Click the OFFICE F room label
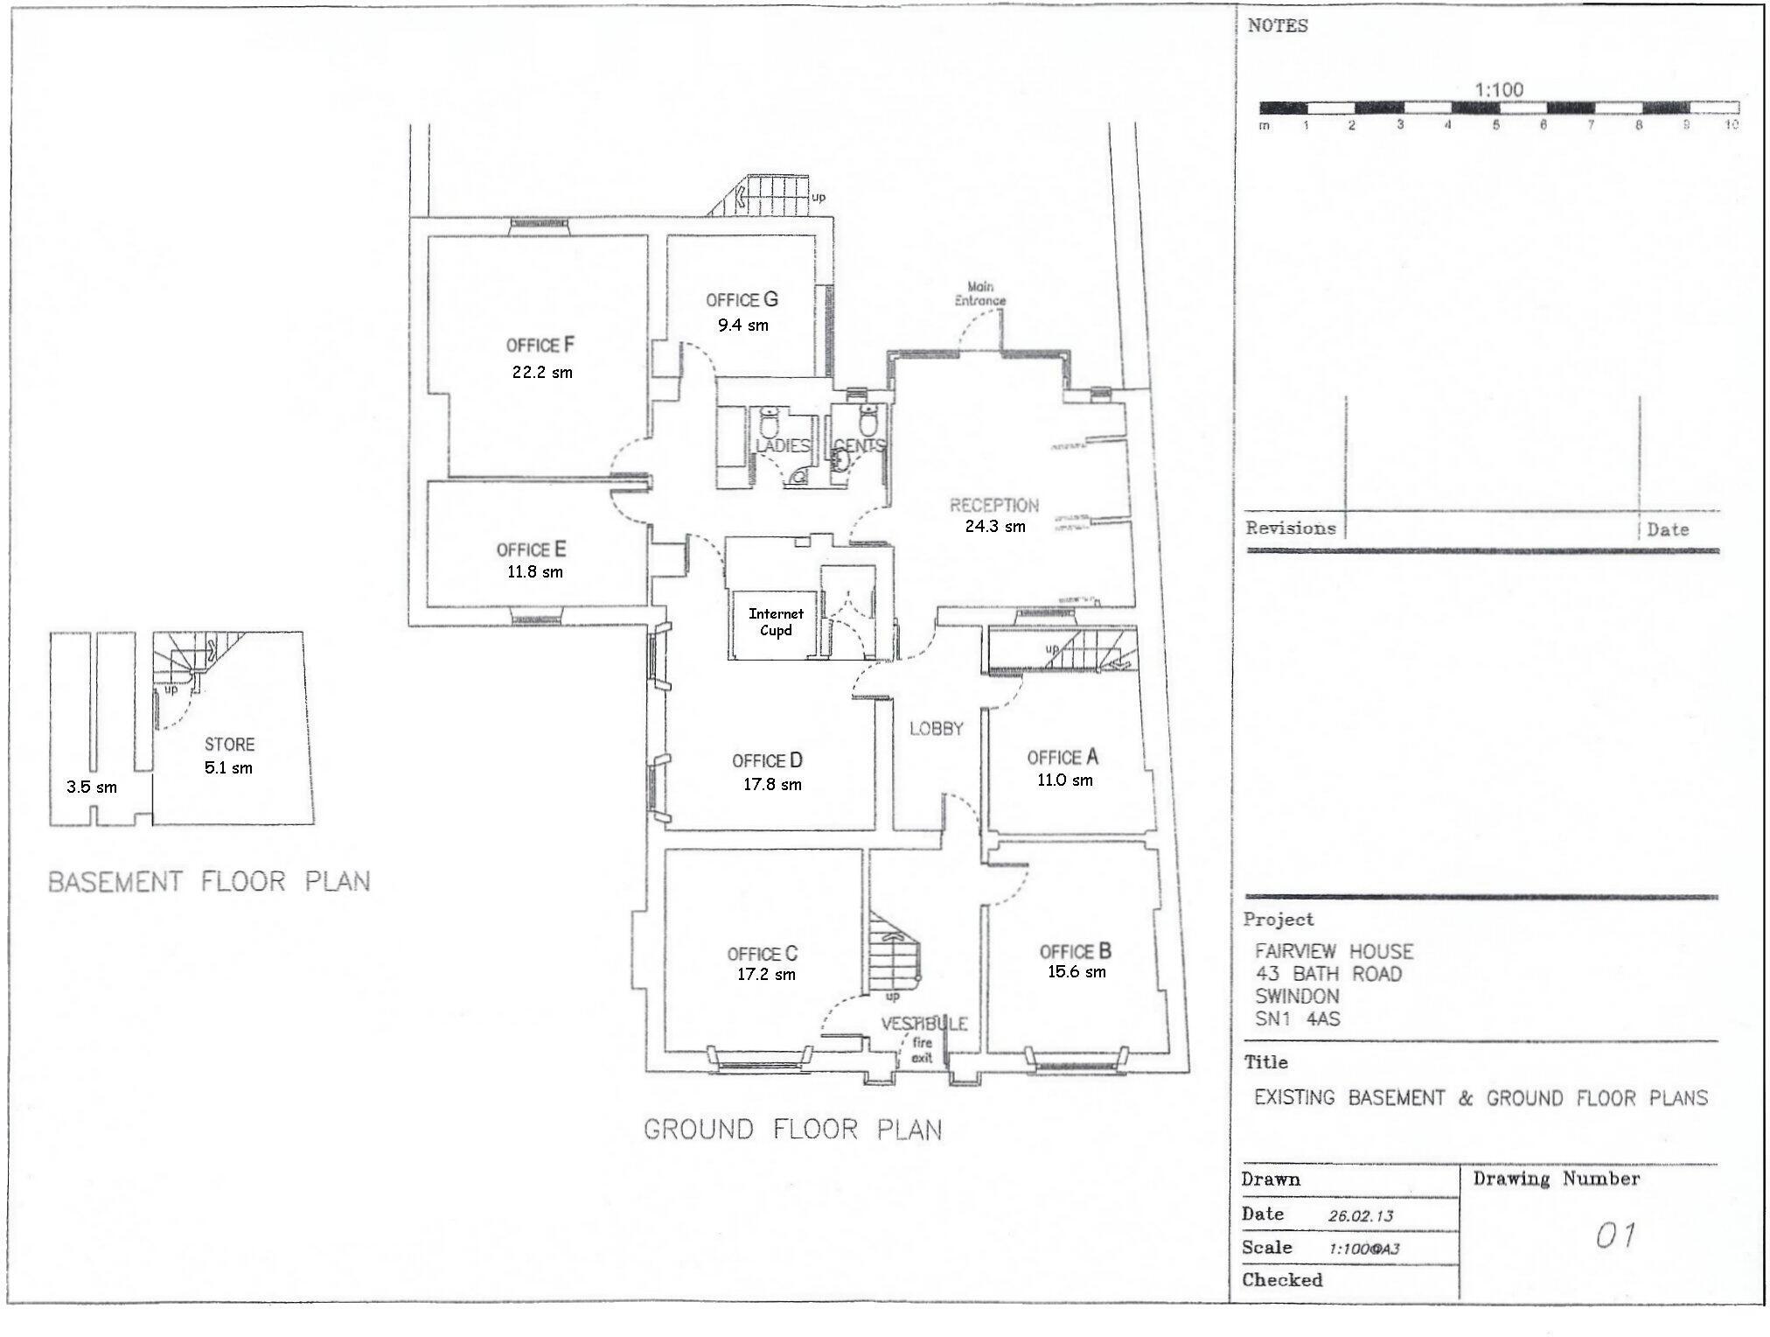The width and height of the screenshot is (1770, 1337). [540, 345]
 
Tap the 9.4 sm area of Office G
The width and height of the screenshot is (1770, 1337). [743, 325]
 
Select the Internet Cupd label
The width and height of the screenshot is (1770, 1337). [776, 622]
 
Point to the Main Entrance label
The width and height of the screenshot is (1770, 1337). [979, 294]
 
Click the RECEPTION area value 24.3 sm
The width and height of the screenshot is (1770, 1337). [994, 527]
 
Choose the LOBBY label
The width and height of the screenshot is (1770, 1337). [936, 729]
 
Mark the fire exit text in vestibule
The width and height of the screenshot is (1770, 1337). [923, 1050]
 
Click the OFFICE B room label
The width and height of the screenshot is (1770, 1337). [1075, 951]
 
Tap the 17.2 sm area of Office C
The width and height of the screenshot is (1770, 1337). [766, 975]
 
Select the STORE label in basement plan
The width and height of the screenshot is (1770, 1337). [229, 745]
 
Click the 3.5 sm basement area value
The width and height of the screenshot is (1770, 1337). [91, 787]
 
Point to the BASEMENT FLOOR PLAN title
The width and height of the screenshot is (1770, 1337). [208, 881]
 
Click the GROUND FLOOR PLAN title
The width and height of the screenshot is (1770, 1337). [792, 1130]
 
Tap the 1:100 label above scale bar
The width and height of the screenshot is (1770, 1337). [1498, 89]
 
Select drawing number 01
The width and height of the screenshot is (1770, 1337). [1614, 1236]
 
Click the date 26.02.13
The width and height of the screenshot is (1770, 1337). [1360, 1216]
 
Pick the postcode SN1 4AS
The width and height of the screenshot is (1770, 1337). [1297, 1018]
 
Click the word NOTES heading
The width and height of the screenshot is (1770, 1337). [1278, 26]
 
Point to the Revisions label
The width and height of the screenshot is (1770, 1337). [1290, 528]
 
